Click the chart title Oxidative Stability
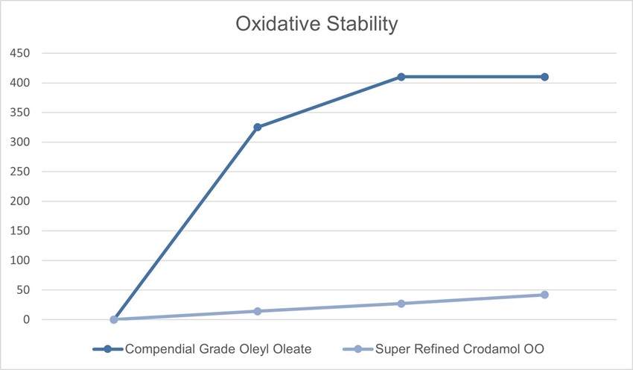pyautogui.click(x=316, y=24)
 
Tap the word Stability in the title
pyautogui.click(x=361, y=24)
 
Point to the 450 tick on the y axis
pyautogui.click(x=20, y=54)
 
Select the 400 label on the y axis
pyautogui.click(x=20, y=83)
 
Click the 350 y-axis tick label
pyautogui.click(x=20, y=113)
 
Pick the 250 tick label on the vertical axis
pyautogui.click(x=20, y=172)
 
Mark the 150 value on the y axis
pyautogui.click(x=20, y=231)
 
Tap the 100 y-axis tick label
pyautogui.click(x=20, y=260)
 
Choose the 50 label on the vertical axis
pyautogui.click(x=23, y=290)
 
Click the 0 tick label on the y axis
pyautogui.click(x=26, y=320)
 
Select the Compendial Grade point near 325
pyautogui.click(x=257, y=128)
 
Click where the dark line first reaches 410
pyautogui.click(x=401, y=77)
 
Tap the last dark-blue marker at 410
pyautogui.click(x=544, y=77)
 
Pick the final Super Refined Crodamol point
pyautogui.click(x=544, y=295)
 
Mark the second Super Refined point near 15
pyautogui.click(x=257, y=311)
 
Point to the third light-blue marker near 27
pyautogui.click(x=401, y=304)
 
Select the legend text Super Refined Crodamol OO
pyautogui.click(x=459, y=348)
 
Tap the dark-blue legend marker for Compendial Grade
pyautogui.click(x=107, y=348)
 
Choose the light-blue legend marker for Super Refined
pyautogui.click(x=357, y=348)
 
